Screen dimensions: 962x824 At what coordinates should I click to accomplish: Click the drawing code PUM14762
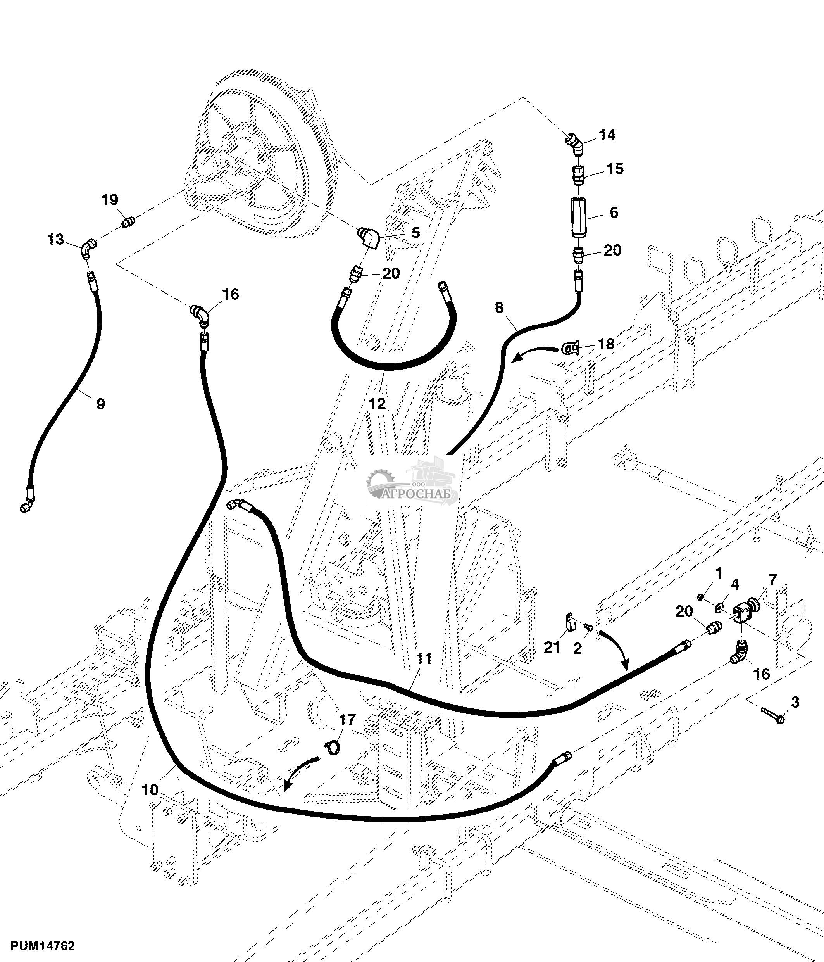tap(42, 946)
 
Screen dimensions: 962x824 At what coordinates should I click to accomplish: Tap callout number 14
tap(607, 135)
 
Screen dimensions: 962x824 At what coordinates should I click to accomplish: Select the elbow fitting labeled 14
tap(575, 145)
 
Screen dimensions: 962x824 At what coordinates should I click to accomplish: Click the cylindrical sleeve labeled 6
tap(580, 216)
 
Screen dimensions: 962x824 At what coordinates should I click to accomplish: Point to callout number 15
tap(615, 169)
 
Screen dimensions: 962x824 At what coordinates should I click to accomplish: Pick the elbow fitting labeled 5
tap(370, 238)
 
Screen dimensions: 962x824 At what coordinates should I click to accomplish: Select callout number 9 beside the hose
tap(100, 404)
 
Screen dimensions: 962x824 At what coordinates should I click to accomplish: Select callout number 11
tap(424, 658)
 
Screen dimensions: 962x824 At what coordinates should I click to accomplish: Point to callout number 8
tap(499, 307)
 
